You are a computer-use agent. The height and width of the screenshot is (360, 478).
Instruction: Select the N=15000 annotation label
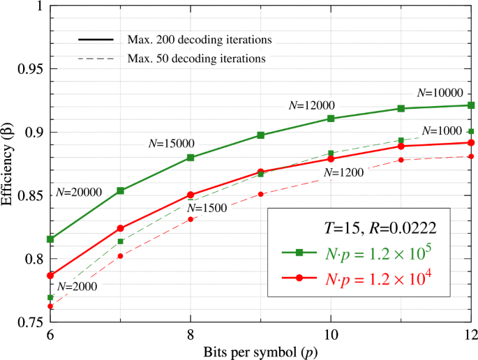click(x=171, y=142)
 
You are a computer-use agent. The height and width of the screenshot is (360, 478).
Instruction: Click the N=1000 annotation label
click(x=440, y=131)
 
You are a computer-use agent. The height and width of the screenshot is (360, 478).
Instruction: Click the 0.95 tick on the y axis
click(x=29, y=68)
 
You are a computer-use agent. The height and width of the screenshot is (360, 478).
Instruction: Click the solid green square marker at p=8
click(x=191, y=157)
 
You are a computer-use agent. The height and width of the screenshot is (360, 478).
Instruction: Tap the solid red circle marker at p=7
click(x=120, y=228)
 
